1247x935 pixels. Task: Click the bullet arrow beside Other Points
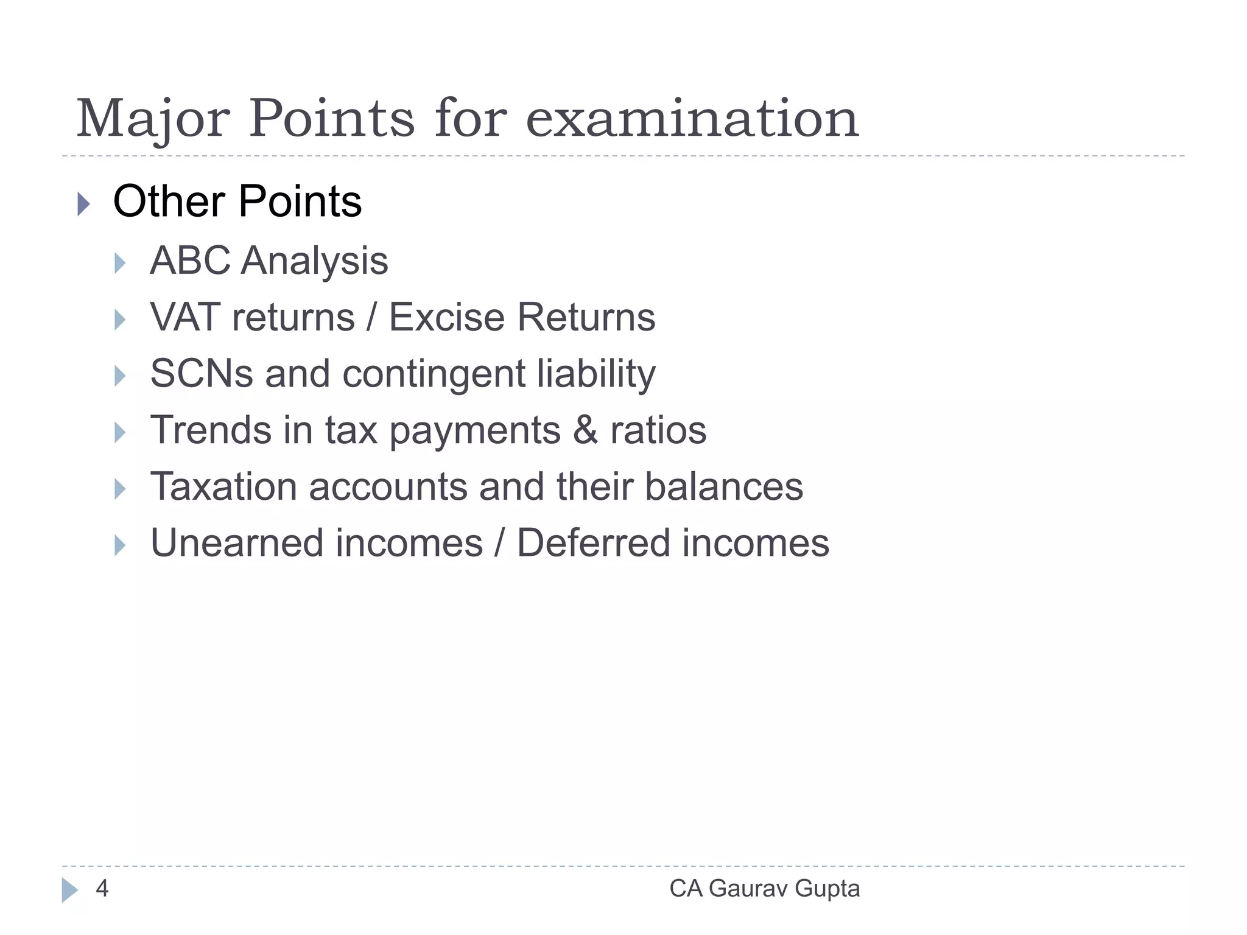(84, 203)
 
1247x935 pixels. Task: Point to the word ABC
(190, 261)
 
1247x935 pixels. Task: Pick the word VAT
(185, 317)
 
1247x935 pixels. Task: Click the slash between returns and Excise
(371, 317)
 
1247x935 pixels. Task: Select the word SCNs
(202, 374)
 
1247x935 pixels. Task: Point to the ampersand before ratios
(585, 430)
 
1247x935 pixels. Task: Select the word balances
(724, 487)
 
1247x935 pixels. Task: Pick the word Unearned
(237, 543)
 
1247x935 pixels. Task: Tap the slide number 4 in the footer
(102, 889)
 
